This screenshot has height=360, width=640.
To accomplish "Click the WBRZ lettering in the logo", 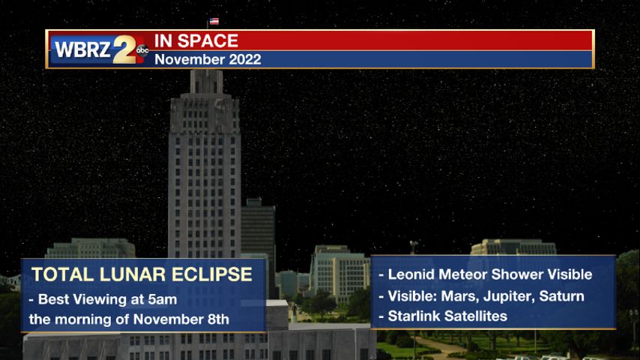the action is click(x=82, y=49).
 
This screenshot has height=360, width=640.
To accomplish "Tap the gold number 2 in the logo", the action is click(x=124, y=49).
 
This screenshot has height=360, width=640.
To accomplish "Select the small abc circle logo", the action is click(x=142, y=50).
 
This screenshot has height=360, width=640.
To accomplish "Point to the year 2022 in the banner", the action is click(x=245, y=60).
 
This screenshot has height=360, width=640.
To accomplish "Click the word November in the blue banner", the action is click(x=190, y=60).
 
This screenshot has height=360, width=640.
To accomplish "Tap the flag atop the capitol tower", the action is click(x=214, y=21).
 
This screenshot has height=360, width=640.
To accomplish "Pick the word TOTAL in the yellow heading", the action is click(x=63, y=274).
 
